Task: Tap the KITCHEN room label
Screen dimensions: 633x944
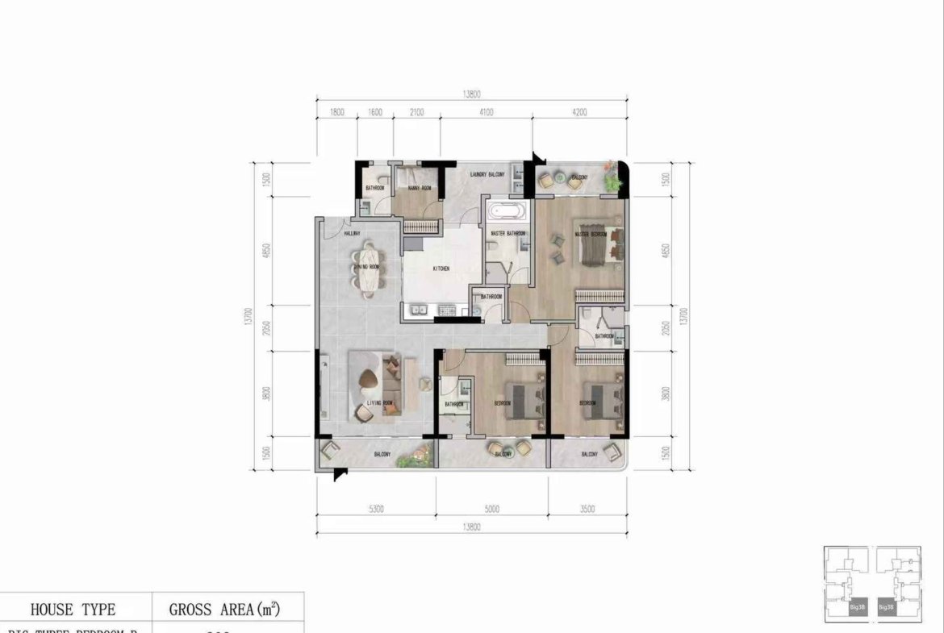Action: (441, 269)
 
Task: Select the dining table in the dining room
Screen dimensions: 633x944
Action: (368, 269)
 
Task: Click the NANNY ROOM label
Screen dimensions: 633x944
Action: (419, 189)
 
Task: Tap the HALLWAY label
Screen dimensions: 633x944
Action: (352, 234)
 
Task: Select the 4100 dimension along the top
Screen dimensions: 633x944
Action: (486, 113)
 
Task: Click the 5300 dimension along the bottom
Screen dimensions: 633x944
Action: (375, 510)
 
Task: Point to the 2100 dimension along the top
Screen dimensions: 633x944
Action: (416, 113)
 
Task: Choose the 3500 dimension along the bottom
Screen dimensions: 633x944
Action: (587, 510)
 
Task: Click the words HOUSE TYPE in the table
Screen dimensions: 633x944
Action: (73, 610)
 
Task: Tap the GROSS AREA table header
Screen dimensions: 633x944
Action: (224, 610)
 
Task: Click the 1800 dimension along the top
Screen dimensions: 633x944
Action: (336, 113)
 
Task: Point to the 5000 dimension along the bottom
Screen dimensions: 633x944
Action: (491, 510)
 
